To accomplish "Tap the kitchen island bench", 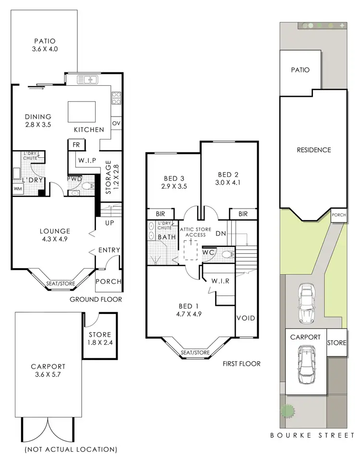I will click(x=81, y=112).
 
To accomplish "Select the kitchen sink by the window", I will click(x=87, y=80).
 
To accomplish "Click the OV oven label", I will click(x=116, y=124).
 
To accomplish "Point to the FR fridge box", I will click(x=76, y=144).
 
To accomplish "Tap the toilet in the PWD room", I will click(x=87, y=187).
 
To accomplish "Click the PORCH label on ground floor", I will click(x=109, y=281).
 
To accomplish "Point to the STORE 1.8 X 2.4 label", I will click(x=100, y=339).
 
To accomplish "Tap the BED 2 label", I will click(x=228, y=178).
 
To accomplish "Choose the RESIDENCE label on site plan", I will click(x=313, y=150).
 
